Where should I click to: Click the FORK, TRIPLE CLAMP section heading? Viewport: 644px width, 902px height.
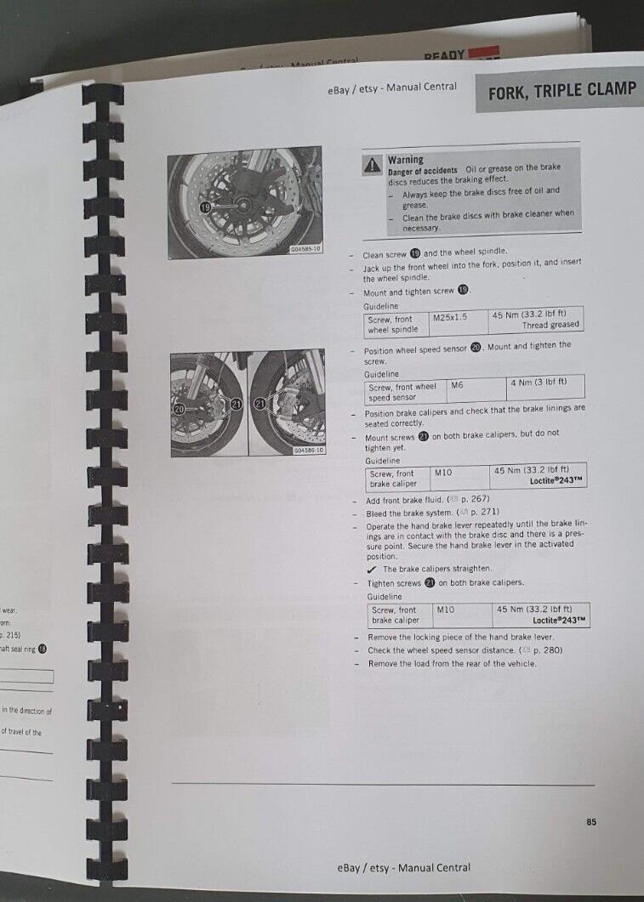coord(561,93)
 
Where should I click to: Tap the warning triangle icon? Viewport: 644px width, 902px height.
coord(373,167)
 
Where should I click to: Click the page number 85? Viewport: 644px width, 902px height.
coord(591,821)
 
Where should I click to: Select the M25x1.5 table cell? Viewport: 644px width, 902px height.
coord(450,317)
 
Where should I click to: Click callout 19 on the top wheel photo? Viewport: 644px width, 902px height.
coord(205,207)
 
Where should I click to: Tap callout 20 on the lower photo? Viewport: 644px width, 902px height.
coord(180,409)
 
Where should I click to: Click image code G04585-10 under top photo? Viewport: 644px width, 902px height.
coord(305,249)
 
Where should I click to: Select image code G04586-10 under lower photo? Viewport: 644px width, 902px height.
coord(308,450)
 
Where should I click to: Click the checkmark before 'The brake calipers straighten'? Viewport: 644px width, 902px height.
coord(373,569)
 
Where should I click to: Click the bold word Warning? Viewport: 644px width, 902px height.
coord(405,160)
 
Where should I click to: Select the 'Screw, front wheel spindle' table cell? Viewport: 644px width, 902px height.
coord(393,324)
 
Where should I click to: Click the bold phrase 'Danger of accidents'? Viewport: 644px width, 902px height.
coord(422,171)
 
